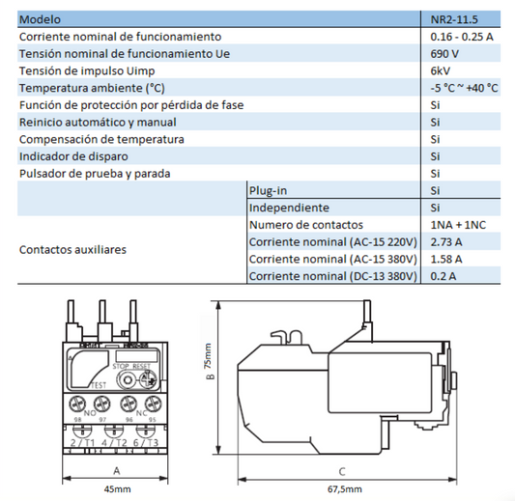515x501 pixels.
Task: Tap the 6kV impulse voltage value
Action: [441, 71]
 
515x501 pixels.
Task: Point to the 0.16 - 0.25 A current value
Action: [462, 37]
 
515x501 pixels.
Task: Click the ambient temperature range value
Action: [465, 88]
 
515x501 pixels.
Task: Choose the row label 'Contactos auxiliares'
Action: [72, 249]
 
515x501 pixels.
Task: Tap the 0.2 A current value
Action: [443, 277]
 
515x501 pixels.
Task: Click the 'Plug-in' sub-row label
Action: [269, 190]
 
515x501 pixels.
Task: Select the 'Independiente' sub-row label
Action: [289, 208]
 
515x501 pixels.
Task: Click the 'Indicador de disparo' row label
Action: [77, 156]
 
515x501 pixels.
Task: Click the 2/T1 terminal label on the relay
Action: [83, 441]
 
